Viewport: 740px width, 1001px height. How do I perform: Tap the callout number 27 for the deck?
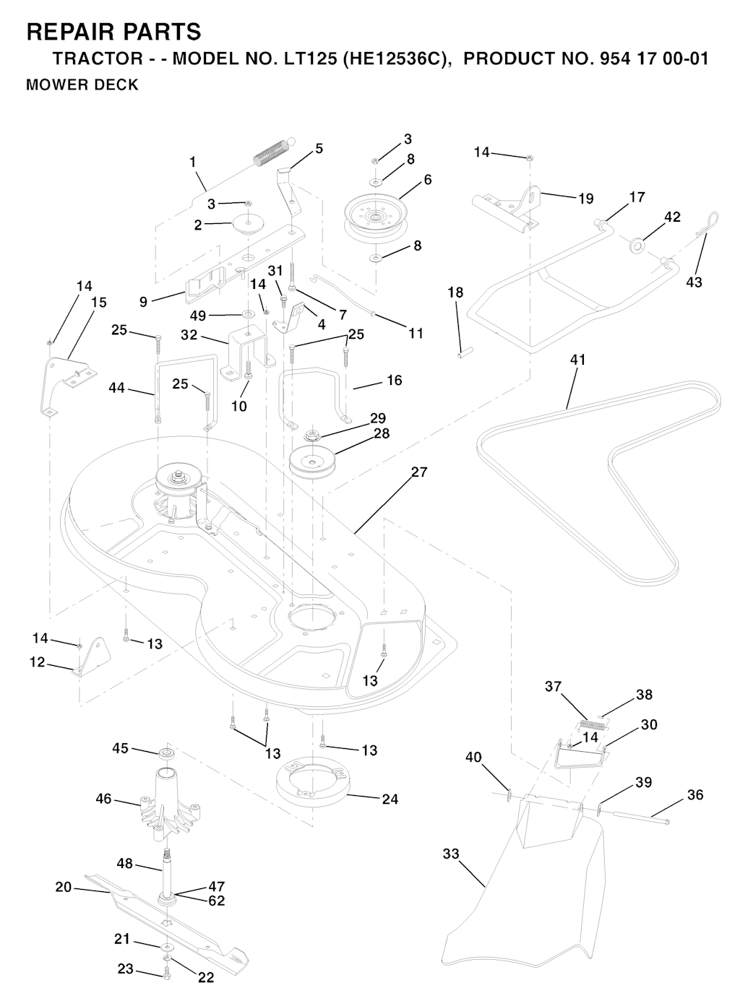click(x=419, y=472)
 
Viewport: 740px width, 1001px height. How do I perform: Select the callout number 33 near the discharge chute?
click(x=451, y=854)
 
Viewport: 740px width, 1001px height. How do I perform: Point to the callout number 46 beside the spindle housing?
click(x=104, y=799)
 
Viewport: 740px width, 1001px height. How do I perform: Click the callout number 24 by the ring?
click(x=390, y=799)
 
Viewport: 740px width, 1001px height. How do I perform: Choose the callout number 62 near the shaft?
click(x=216, y=901)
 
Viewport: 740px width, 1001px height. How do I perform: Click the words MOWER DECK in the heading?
click(x=82, y=84)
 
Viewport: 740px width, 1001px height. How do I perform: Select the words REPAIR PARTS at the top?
click(x=113, y=32)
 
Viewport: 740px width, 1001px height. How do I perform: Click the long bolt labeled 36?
click(x=642, y=817)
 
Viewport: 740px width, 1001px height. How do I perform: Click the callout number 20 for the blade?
click(x=64, y=887)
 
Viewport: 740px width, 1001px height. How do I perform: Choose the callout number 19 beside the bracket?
click(x=585, y=199)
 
